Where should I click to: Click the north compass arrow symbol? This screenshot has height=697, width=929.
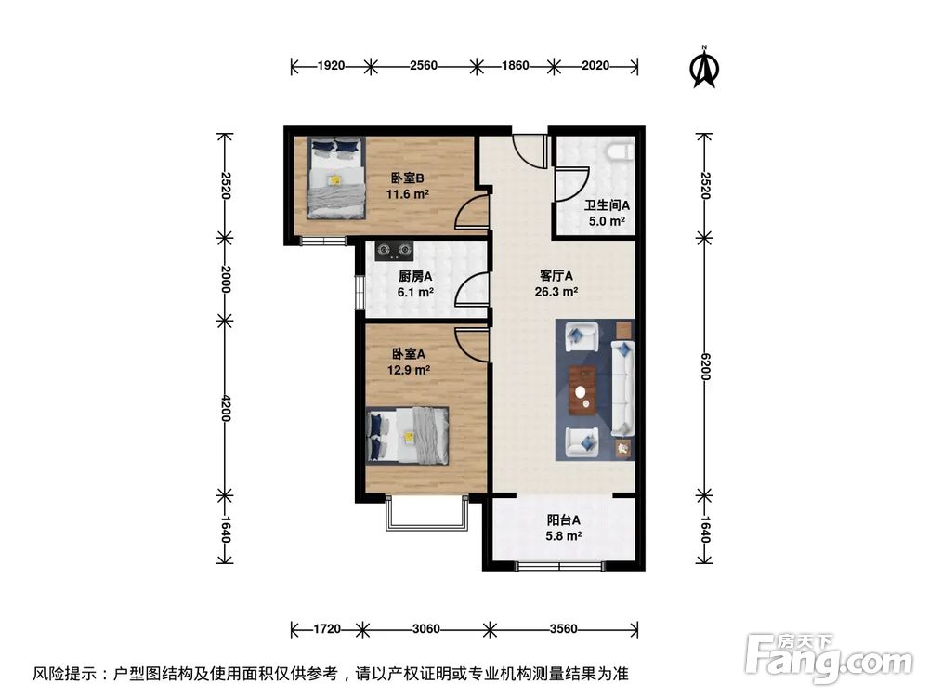(705, 68)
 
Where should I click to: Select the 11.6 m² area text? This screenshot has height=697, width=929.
(407, 194)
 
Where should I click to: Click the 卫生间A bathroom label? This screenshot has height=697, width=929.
(607, 206)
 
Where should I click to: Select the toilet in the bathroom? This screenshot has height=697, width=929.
(619, 151)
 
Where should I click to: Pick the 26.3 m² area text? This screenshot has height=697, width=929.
(558, 291)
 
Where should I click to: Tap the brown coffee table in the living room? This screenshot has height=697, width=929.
(582, 389)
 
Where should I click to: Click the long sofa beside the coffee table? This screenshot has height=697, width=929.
(622, 388)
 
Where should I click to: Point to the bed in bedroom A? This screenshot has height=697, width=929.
(408, 435)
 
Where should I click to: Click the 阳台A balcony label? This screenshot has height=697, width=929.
(563, 520)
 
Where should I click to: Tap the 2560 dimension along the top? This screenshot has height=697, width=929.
(423, 66)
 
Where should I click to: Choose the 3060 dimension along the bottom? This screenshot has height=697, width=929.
(425, 629)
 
